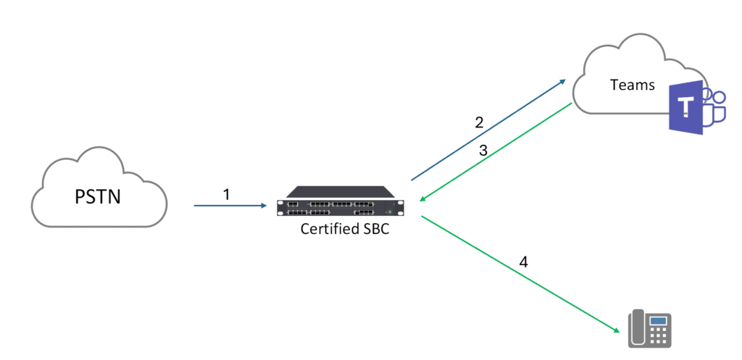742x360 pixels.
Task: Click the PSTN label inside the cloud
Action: (98, 197)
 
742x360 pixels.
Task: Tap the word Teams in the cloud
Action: (633, 85)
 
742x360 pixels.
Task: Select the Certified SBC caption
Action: (345, 230)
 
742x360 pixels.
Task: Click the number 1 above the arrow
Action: (226, 194)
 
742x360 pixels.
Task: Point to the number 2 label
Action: (480, 122)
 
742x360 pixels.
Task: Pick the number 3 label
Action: (483, 151)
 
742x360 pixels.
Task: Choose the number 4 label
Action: (524, 262)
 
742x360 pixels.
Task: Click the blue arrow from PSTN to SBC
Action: (230, 206)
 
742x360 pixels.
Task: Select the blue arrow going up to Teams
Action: (489, 130)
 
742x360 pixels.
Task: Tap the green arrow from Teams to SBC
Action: (496, 151)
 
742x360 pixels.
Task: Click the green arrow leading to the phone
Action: (520, 274)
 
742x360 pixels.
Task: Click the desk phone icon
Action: (649, 329)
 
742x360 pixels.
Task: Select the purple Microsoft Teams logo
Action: (696, 107)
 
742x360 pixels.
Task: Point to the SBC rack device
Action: (341, 201)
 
